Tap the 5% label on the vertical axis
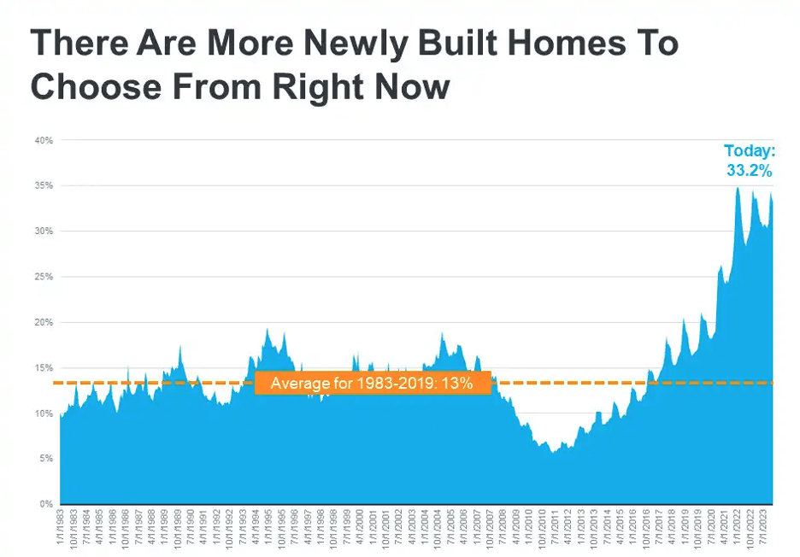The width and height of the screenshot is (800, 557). (x=47, y=459)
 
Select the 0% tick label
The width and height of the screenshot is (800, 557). (x=47, y=504)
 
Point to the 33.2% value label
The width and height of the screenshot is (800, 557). (x=750, y=171)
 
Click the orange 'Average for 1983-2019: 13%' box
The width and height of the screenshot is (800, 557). (x=372, y=384)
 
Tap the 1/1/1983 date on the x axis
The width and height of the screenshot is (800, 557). (x=62, y=529)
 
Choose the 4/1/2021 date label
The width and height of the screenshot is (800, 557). (x=722, y=529)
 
